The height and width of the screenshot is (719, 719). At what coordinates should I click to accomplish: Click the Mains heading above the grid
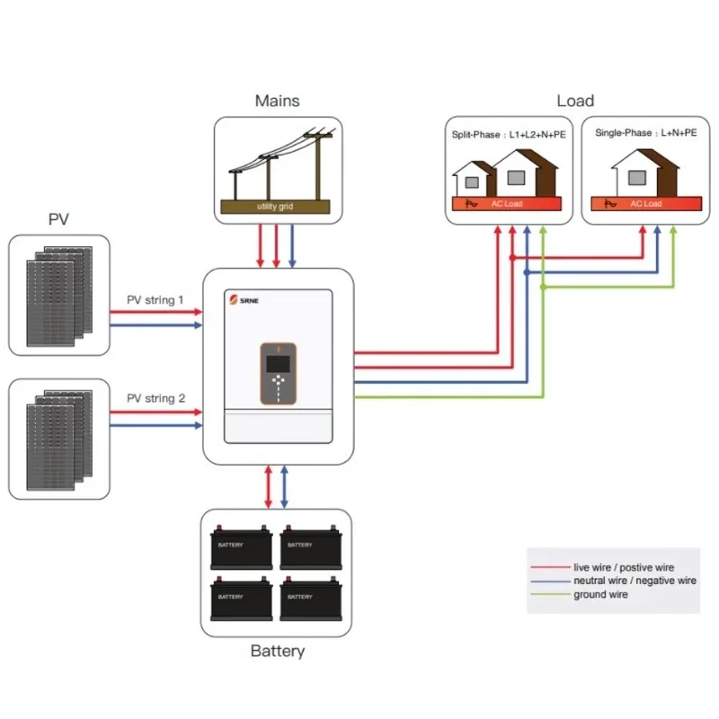(277, 102)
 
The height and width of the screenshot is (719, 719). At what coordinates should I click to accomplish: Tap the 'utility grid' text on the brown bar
(275, 207)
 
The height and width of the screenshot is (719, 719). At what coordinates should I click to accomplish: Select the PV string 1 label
(155, 300)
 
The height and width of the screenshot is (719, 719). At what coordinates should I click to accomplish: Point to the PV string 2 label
(155, 398)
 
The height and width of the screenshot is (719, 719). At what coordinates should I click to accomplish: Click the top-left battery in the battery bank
(242, 547)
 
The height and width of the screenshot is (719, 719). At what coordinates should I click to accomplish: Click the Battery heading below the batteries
(277, 652)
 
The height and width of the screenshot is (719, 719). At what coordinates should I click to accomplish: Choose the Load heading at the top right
(575, 102)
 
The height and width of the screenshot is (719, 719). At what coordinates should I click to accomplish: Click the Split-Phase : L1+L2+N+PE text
(509, 134)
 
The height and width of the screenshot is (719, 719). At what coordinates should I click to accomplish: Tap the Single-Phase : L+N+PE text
(646, 133)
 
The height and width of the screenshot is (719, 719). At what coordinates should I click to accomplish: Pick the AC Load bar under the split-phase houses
(509, 204)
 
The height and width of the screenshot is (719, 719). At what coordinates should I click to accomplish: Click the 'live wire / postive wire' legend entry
(623, 568)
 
